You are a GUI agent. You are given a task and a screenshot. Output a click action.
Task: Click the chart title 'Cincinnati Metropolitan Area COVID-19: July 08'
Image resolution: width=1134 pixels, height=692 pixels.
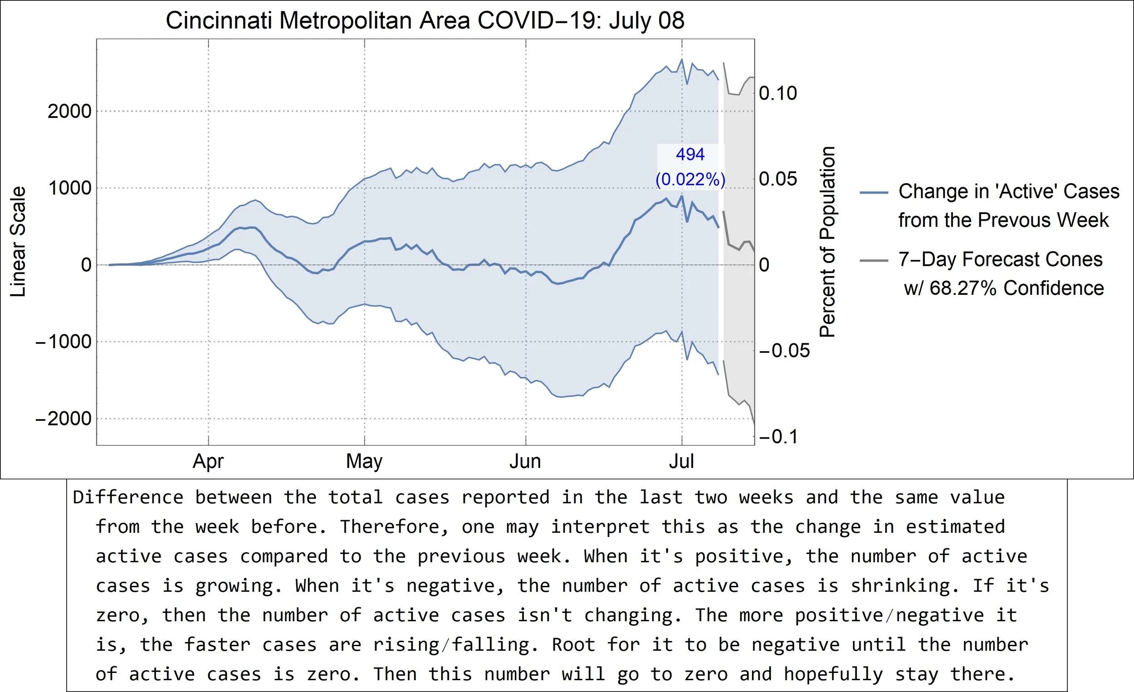pyautogui.click(x=425, y=21)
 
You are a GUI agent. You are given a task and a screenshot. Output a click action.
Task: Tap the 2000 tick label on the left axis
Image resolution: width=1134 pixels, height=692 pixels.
pyautogui.click(x=69, y=112)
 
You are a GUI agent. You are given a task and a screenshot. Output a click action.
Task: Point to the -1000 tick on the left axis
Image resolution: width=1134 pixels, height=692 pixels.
pyautogui.click(x=64, y=342)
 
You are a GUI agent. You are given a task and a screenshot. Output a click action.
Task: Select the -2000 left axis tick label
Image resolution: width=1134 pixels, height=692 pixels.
pyautogui.click(x=64, y=419)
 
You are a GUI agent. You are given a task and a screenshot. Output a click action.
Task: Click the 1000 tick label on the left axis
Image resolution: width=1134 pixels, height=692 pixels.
pyautogui.click(x=69, y=188)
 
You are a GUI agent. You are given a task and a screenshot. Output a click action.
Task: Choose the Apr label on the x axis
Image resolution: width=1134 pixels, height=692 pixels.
pyautogui.click(x=208, y=461)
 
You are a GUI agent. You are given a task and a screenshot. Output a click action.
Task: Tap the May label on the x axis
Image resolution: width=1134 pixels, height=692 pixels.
pyautogui.click(x=364, y=461)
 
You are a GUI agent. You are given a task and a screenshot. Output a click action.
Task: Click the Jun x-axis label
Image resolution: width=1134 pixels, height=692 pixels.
pyautogui.click(x=525, y=461)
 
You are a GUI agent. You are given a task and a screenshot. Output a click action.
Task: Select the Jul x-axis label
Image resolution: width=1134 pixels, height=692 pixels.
pyautogui.click(x=681, y=461)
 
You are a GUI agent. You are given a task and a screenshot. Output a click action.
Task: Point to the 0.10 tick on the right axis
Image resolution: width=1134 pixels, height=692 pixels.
pyautogui.click(x=778, y=93)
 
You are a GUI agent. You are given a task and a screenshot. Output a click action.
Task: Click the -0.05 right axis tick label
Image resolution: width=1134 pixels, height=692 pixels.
pyautogui.click(x=784, y=351)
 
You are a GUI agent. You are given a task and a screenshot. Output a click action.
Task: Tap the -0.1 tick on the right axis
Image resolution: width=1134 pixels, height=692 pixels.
pyautogui.click(x=778, y=437)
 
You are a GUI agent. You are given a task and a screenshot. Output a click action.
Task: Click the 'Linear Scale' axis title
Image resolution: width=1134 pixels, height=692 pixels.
pyautogui.click(x=18, y=242)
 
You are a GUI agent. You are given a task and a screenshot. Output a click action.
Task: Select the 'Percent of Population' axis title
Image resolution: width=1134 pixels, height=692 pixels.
pyautogui.click(x=827, y=242)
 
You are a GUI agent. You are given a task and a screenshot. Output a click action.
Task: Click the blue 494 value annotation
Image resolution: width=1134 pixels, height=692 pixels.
pyautogui.click(x=690, y=154)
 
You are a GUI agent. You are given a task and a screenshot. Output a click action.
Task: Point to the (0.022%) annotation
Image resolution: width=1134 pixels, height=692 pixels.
pyautogui.click(x=690, y=180)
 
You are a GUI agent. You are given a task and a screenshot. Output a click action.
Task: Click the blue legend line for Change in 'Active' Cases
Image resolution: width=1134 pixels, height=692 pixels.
pyautogui.click(x=874, y=193)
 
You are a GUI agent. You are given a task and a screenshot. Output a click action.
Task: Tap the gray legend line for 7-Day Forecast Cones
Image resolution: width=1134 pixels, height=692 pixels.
pyautogui.click(x=874, y=261)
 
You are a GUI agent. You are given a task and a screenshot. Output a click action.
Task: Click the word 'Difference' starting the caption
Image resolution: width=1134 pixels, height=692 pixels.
pyautogui.click(x=128, y=497)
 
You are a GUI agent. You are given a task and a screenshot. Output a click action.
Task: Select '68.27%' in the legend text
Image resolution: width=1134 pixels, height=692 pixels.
pyautogui.click(x=963, y=288)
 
